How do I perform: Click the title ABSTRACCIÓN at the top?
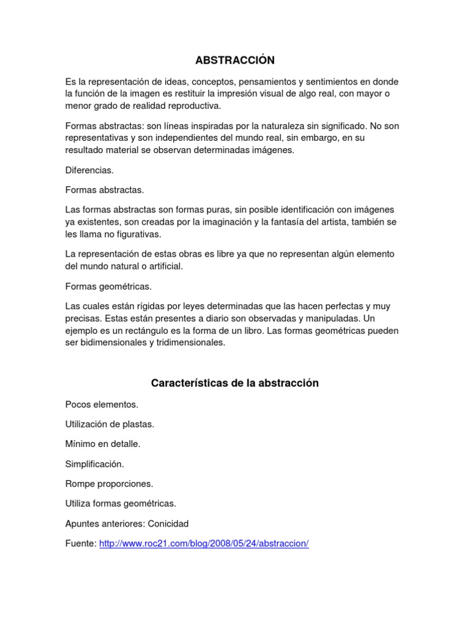point(235,60)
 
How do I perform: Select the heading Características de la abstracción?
point(235,383)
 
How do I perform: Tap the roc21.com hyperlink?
point(204,544)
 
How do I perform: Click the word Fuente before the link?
point(80,544)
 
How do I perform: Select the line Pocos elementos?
point(102,404)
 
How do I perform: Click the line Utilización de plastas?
point(110,424)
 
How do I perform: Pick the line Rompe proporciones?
point(108,484)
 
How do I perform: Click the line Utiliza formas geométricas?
point(121,503)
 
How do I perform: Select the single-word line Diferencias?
point(89,170)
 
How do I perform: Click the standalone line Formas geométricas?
point(108,286)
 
